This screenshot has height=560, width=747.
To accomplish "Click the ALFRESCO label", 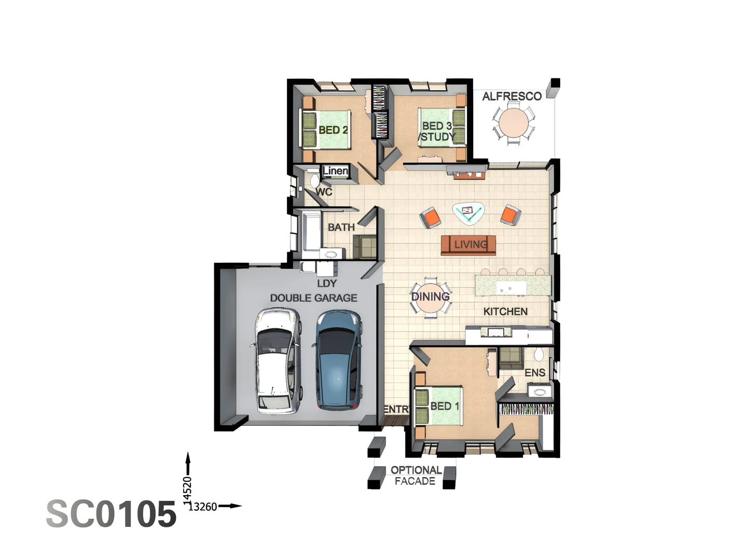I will pos(511,96).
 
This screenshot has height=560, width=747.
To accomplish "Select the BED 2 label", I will pos(333,130).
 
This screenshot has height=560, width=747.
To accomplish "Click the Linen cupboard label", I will pos(336,171).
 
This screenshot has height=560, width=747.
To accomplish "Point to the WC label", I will pos(324,192).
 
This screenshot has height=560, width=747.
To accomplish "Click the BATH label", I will pos(341,227).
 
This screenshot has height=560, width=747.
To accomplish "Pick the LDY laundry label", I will pos(327,283).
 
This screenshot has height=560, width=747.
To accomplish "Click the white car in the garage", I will pos(278,361).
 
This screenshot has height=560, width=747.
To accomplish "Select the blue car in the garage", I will pos(338,360).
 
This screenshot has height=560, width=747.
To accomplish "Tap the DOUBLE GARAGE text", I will pos(313,298).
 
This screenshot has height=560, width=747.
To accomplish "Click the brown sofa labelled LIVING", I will pos(468,245).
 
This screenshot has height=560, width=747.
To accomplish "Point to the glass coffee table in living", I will pos(469,212).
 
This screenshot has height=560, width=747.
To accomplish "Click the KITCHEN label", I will pos(505,311).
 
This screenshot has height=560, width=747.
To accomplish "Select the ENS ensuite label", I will pos(535,372).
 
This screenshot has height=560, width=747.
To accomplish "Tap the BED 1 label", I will pos(445,406).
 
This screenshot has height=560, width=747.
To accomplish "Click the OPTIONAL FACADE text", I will pos(415,475).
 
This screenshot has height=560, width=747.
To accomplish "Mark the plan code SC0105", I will pos(111,514).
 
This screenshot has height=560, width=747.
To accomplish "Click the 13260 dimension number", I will pos(202,507).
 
